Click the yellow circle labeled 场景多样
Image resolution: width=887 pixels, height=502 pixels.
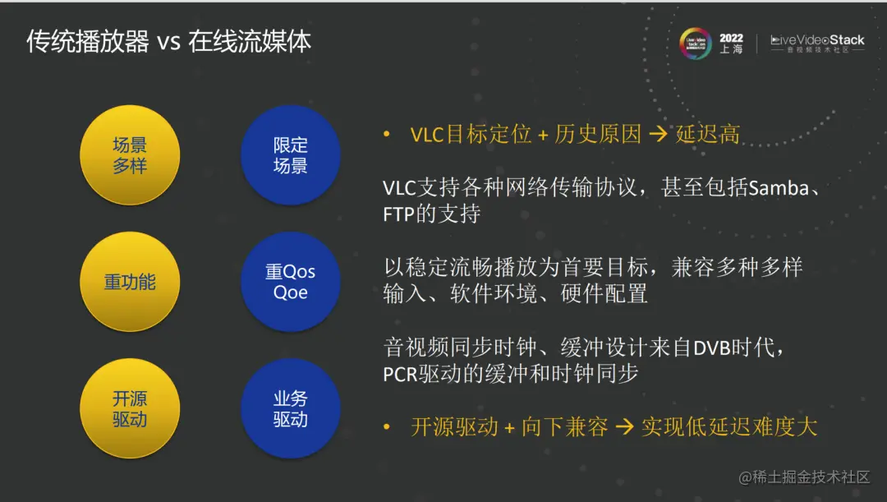click(x=129, y=155)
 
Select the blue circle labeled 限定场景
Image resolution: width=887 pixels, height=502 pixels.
click(x=290, y=155)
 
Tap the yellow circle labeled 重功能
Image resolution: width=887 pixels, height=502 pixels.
click(x=129, y=282)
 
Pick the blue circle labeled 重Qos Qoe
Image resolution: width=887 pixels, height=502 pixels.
click(x=290, y=282)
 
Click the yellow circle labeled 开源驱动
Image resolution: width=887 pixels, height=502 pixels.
click(x=129, y=408)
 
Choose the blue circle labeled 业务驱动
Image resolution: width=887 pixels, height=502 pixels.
click(x=290, y=408)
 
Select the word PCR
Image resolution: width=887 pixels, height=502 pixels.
click(x=401, y=375)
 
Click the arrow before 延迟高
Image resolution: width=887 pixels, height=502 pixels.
click(x=658, y=135)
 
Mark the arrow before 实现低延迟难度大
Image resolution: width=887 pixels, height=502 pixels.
click(x=624, y=427)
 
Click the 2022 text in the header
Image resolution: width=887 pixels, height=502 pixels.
click(x=731, y=38)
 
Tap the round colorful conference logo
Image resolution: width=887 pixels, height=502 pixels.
click(x=695, y=44)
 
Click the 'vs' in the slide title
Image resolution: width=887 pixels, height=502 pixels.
click(x=168, y=42)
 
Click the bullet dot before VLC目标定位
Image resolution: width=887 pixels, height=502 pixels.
click(x=387, y=135)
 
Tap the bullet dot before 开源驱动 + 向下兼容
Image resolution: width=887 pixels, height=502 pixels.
click(x=387, y=427)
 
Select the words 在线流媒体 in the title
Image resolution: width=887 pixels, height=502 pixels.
click(x=250, y=42)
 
